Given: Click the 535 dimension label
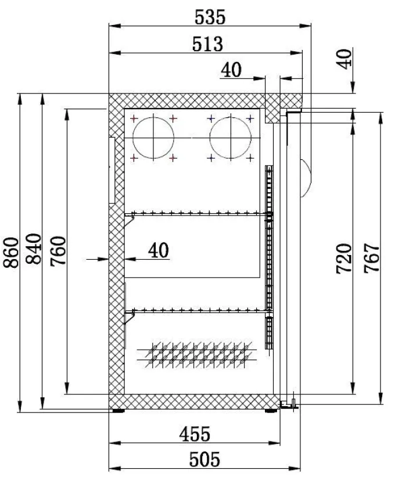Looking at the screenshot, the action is pyautogui.click(x=210, y=17).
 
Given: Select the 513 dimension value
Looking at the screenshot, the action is pyautogui.click(x=207, y=44).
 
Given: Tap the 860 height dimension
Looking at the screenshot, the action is pyautogui.click(x=12, y=253).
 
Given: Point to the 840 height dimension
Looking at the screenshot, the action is pyautogui.click(x=34, y=249).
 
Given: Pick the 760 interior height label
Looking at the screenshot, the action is pyautogui.click(x=58, y=251).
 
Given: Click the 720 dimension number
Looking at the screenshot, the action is pyautogui.click(x=344, y=259).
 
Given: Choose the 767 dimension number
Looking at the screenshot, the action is pyautogui.click(x=372, y=258).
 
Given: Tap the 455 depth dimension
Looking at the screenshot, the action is pyautogui.click(x=195, y=434).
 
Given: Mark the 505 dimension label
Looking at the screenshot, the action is pyautogui.click(x=204, y=460).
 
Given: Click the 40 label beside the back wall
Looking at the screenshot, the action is pyautogui.click(x=159, y=250).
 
